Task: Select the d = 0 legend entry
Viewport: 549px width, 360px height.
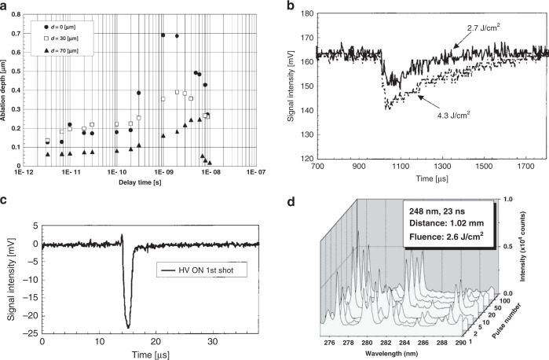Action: pyautogui.click(x=68, y=26)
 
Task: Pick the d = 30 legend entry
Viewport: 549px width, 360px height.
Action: pyautogui.click(x=68, y=37)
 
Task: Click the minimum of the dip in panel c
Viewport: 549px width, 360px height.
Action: pyautogui.click(x=128, y=327)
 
